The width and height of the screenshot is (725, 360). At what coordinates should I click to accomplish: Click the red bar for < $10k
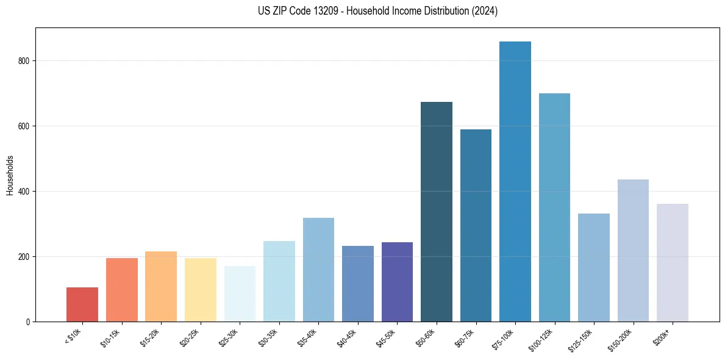82,304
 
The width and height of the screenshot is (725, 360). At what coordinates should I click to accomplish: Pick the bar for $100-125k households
554,207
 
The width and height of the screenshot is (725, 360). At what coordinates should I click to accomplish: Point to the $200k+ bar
673,263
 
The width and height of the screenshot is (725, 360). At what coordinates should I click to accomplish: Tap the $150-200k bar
633,251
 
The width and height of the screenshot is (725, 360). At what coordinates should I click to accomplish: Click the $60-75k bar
476,226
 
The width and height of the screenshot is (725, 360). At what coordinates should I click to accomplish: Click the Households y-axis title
10,175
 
